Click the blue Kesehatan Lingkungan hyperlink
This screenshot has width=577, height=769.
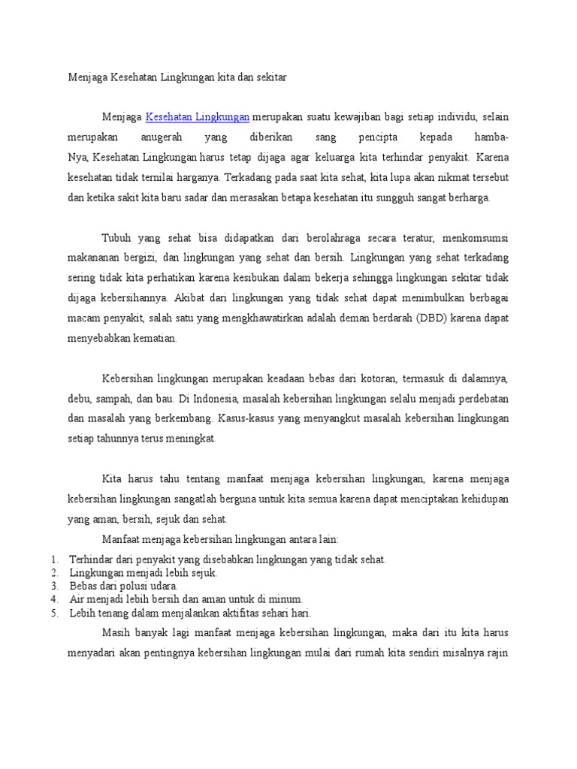click(x=197, y=117)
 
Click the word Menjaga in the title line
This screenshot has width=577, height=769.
click(x=87, y=77)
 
